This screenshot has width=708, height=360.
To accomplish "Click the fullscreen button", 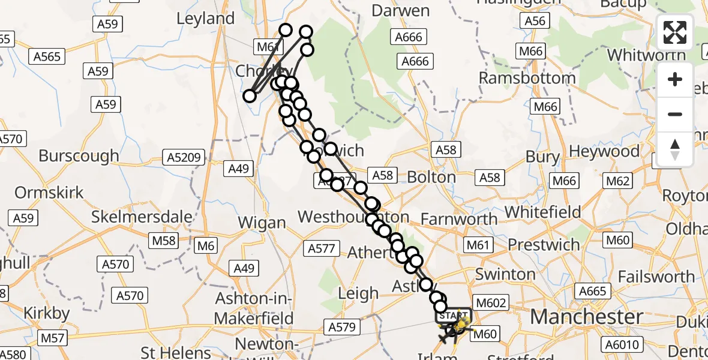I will coord(675,32).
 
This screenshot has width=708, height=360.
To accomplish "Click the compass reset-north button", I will coord(675,149).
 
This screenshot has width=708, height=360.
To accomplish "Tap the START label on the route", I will coord(454,316).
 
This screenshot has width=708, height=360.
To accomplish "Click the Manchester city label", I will coord(587,317).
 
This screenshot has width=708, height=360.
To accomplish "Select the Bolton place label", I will coord(431,177).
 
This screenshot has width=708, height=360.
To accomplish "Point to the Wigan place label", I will coord(262,223).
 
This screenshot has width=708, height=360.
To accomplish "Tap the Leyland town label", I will coord(206,19).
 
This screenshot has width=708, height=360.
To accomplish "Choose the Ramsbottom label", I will coord(527,78).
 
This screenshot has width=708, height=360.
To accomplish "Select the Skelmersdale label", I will coord(142,217).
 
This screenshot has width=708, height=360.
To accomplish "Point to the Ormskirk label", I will coord(49,193).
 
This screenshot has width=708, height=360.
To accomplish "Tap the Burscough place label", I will coord(79,156).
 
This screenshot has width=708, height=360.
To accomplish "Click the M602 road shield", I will coord(491,303).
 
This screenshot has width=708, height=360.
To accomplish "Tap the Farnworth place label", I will coord(459,220).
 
